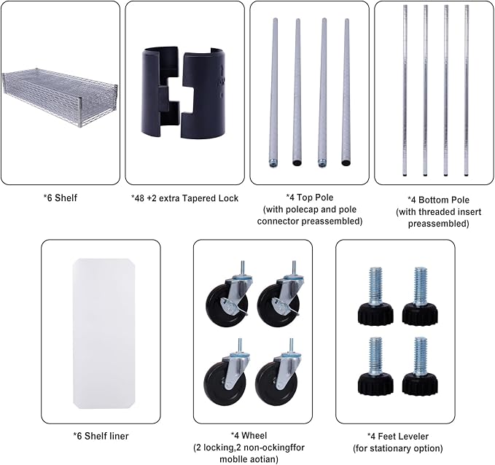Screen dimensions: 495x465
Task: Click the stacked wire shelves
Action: tap(59, 97)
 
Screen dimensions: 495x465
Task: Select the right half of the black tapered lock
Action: tap(204, 93)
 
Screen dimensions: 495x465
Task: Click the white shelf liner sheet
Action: tap(104, 333)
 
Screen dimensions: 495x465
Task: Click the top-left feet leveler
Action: tap(375, 296)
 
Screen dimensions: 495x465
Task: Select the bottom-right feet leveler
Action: tap(420, 366)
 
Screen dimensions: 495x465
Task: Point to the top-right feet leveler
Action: tap(420, 296)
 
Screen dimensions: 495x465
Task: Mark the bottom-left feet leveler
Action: tap(375, 366)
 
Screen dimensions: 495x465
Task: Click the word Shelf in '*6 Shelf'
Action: tap(66, 198)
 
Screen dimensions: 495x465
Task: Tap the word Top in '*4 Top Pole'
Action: tap(304, 198)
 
